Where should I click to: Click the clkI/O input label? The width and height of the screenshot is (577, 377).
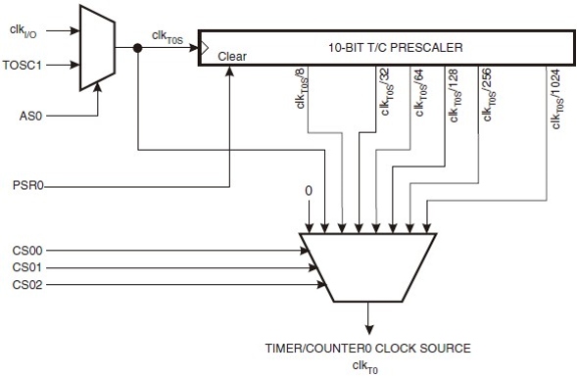[24, 31]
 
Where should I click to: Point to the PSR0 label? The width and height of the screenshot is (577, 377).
[27, 184]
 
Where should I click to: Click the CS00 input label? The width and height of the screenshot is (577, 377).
[27, 250]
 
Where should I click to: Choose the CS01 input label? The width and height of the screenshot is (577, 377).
[27, 267]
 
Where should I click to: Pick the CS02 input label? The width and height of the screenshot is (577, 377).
[27, 285]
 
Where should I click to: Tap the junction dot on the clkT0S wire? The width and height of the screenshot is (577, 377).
[138, 48]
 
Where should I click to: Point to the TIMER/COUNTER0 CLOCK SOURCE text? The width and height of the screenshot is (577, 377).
[367, 348]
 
